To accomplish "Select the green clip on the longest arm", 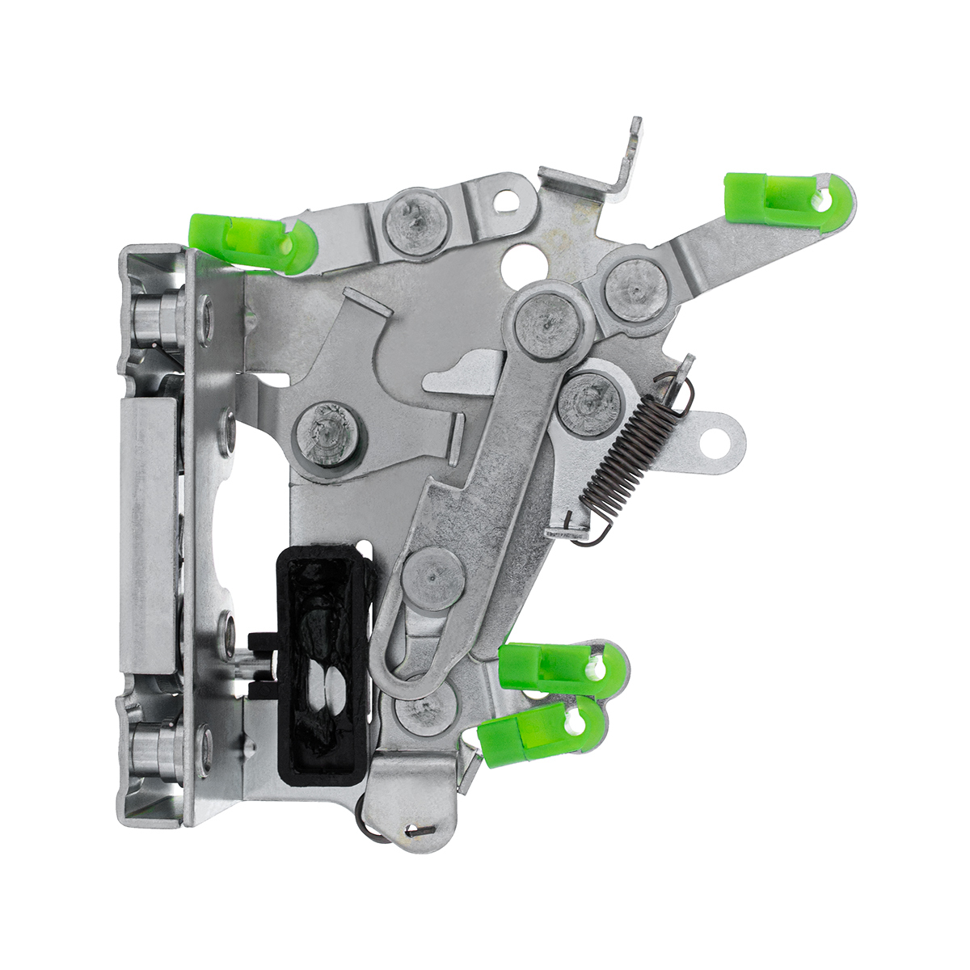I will (788, 199).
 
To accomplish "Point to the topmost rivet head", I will (416, 221).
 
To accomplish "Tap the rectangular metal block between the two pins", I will (148, 533).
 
